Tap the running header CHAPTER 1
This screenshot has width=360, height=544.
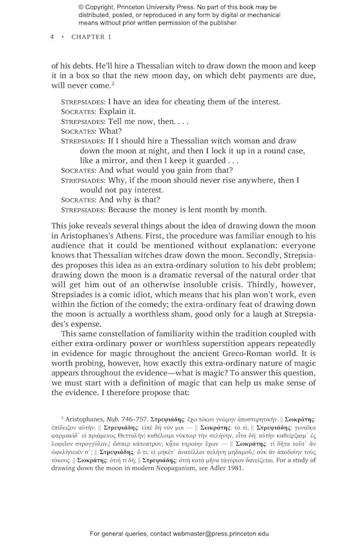(x=91, y=37)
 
